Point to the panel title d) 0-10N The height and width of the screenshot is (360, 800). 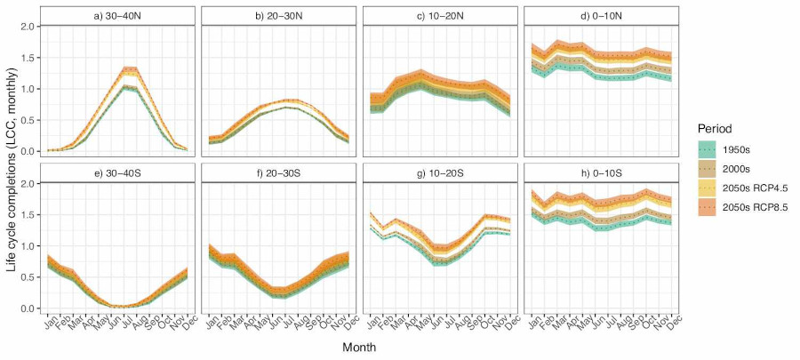(603, 16)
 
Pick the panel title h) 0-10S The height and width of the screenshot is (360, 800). (603, 173)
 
